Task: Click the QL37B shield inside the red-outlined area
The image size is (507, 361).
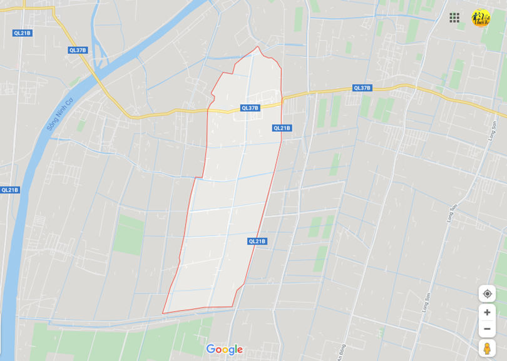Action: (250, 108)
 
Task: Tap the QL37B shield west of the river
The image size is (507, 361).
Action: (78, 50)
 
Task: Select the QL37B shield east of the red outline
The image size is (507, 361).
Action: (362, 88)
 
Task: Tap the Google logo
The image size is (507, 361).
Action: (224, 350)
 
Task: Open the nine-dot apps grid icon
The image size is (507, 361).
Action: (454, 18)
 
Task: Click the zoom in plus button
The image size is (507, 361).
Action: (487, 312)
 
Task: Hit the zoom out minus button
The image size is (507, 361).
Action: (487, 329)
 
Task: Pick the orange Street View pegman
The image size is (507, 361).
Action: (487, 348)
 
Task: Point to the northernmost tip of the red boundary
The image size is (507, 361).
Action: (257, 46)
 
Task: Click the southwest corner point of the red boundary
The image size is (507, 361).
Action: (163, 313)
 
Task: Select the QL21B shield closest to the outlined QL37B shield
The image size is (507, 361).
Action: (282, 128)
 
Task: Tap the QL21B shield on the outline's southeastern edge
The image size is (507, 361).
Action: (257, 241)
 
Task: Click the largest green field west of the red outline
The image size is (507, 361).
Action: (129, 235)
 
